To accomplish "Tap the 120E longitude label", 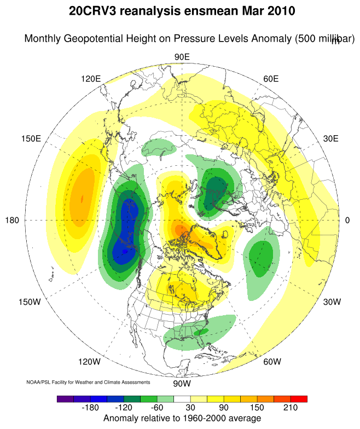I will click(x=91, y=78).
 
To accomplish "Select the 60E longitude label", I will click(x=271, y=78).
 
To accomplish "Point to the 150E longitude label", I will click(x=31, y=138).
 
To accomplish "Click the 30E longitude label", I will click(x=330, y=138).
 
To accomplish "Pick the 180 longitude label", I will click(x=12, y=220).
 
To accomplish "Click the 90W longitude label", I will click(x=181, y=384).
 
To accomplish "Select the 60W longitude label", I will click(x=272, y=362).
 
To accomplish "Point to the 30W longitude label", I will click(x=332, y=302).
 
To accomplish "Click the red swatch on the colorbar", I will click(x=299, y=399).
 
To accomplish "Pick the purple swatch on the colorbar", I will click(x=65, y=399).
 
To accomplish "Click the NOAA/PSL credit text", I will click(x=88, y=382).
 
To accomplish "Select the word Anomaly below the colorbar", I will click(x=121, y=419).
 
